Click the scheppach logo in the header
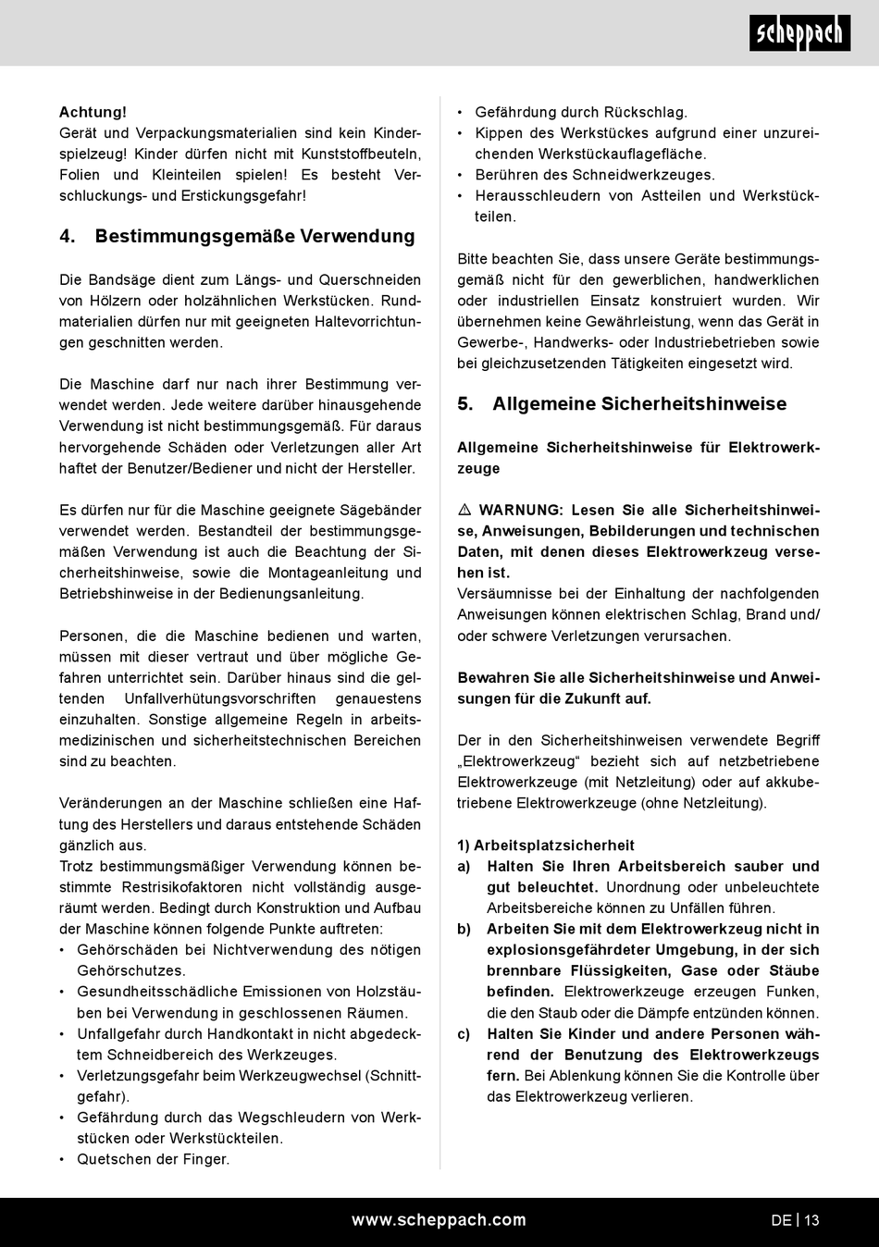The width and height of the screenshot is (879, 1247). [799, 33]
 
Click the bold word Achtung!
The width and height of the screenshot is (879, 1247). [93, 112]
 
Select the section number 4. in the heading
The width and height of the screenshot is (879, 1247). [67, 236]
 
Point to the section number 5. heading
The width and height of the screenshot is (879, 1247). [465, 403]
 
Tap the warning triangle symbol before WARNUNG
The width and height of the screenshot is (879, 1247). [464, 511]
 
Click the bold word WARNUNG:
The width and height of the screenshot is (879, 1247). [521, 511]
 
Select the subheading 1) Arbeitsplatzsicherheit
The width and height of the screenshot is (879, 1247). [546, 846]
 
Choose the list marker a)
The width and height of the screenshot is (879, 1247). [464, 867]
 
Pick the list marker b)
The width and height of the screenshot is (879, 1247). [464, 929]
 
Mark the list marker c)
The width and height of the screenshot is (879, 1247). [464, 1034]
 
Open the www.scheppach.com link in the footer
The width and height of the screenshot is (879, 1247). [439, 1220]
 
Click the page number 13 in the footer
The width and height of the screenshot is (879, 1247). [811, 1220]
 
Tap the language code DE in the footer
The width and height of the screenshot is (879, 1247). [781, 1220]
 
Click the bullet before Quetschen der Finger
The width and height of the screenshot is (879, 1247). [62, 1160]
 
